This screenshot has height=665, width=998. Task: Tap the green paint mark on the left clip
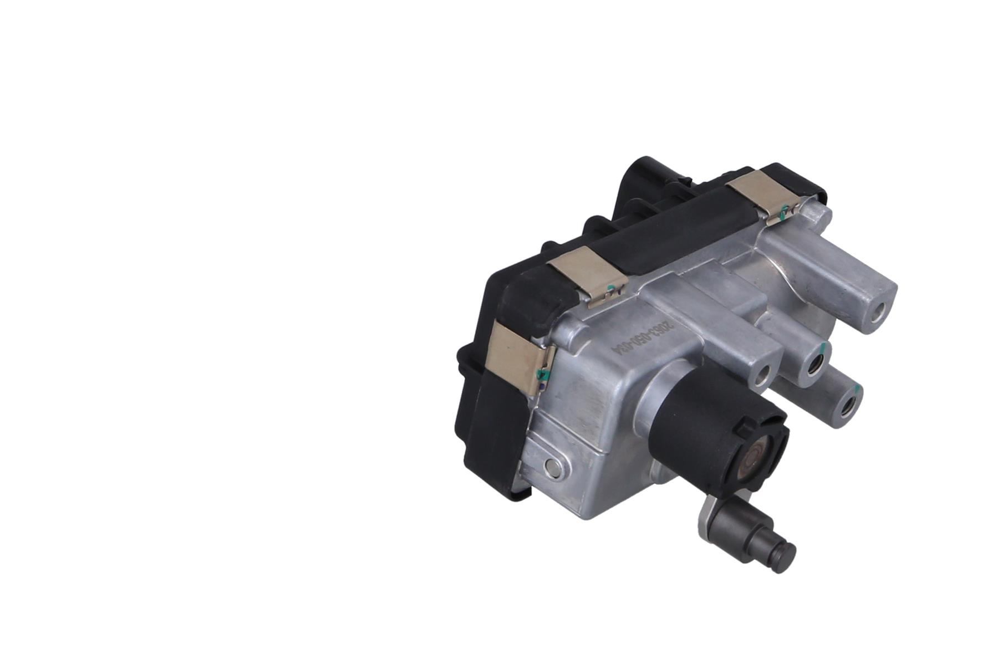(x=543, y=376)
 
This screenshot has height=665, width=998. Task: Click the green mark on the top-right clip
(x=783, y=211)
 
